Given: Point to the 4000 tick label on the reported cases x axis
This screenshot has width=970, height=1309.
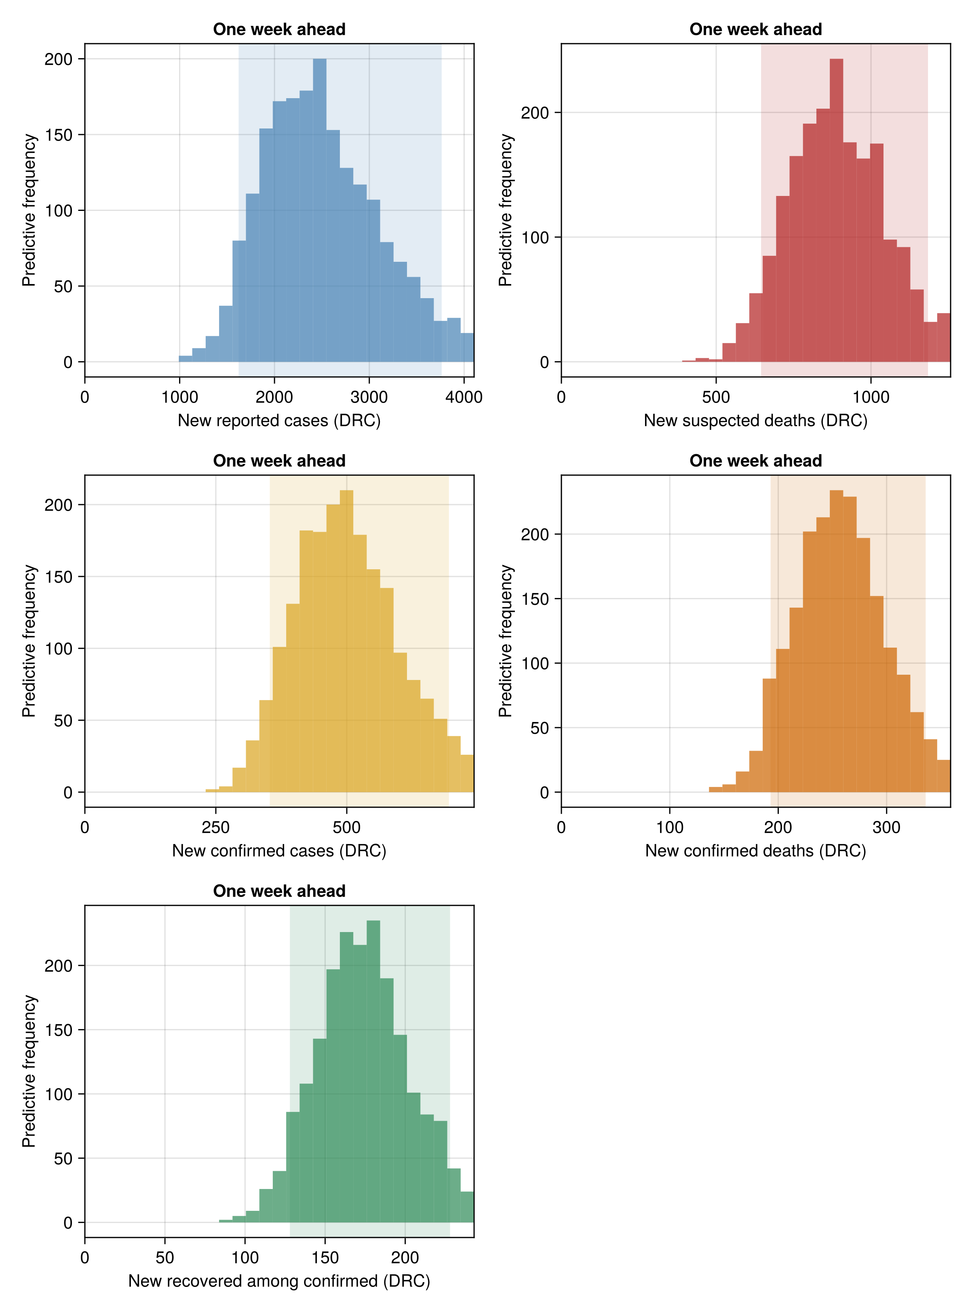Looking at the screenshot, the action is pyautogui.click(x=464, y=398).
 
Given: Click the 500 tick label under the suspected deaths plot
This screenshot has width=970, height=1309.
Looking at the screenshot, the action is pyautogui.click(x=716, y=398).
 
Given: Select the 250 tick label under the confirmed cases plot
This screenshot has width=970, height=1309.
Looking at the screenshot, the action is pyautogui.click(x=215, y=828).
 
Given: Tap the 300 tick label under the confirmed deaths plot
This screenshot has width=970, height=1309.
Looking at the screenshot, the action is pyautogui.click(x=886, y=828).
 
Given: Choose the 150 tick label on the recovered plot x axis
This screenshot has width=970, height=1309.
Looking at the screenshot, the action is pyautogui.click(x=325, y=1258).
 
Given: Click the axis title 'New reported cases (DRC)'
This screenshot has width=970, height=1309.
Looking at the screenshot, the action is pyautogui.click(x=280, y=421).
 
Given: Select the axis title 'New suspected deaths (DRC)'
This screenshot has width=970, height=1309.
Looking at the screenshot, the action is pyautogui.click(x=756, y=421).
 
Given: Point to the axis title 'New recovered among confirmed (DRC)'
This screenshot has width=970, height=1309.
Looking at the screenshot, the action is pyautogui.click(x=280, y=1282).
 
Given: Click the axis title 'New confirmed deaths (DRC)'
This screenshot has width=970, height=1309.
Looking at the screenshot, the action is pyautogui.click(x=756, y=851).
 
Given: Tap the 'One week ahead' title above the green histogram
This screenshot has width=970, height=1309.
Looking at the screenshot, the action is pyautogui.click(x=280, y=891).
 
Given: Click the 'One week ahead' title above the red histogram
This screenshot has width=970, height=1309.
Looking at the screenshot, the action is pyautogui.click(x=756, y=29).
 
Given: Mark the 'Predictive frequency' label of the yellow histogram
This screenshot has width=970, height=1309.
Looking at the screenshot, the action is pyautogui.click(x=30, y=641).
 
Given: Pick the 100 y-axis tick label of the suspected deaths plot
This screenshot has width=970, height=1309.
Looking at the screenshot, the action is pyautogui.click(x=535, y=238).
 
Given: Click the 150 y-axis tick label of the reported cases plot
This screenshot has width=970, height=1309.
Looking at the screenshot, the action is pyautogui.click(x=59, y=135).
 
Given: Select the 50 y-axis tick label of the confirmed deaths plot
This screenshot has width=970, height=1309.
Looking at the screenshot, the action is pyautogui.click(x=539, y=728).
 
